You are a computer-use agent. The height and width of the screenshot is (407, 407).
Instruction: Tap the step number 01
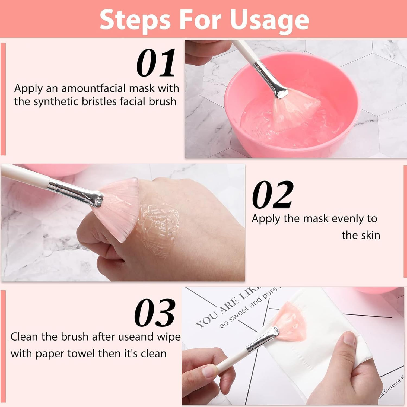pyautogui.click(x=156, y=63)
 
